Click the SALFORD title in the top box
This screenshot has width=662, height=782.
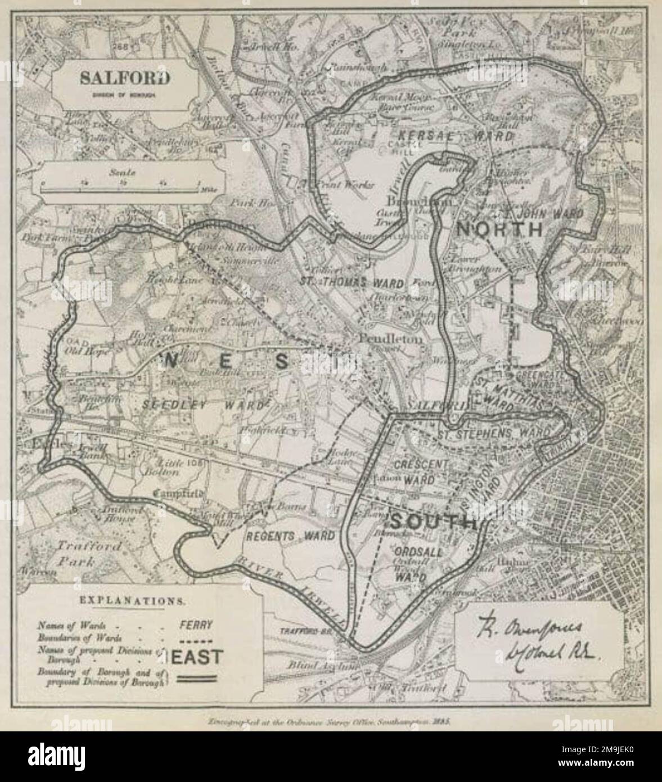pyautogui.click(x=124, y=78)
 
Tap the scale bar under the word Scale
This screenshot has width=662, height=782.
pyautogui.click(x=120, y=189)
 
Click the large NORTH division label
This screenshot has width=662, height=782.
pyautogui.click(x=498, y=230)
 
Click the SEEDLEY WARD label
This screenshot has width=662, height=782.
pyautogui.click(x=203, y=405)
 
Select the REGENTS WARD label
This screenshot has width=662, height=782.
pyautogui.click(x=290, y=535)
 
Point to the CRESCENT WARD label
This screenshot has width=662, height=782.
pyautogui.click(x=414, y=473)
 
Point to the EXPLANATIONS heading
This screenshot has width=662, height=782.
pyautogui.click(x=131, y=600)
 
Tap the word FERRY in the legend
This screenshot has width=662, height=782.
pyautogui.click(x=196, y=624)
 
